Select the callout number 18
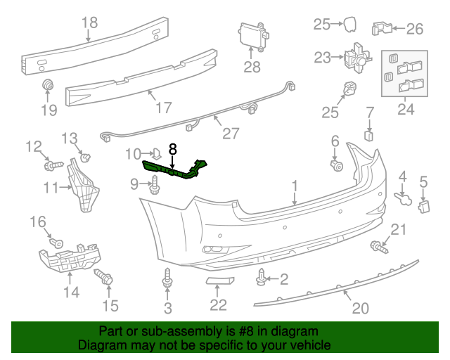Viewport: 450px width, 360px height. [90, 22]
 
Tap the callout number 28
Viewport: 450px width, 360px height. [252, 67]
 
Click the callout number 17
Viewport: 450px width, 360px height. [163, 108]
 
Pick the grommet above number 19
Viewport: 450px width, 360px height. [48, 86]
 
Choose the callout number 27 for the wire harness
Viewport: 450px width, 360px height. [230, 132]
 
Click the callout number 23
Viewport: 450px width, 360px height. [322, 58]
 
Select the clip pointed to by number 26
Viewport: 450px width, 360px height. [380, 28]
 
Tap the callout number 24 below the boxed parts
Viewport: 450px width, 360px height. [406, 110]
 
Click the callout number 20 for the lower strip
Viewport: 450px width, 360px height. [360, 307]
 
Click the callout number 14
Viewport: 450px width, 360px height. [72, 290]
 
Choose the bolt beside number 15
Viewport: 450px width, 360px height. [108, 279]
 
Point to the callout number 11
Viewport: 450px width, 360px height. [51, 187]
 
